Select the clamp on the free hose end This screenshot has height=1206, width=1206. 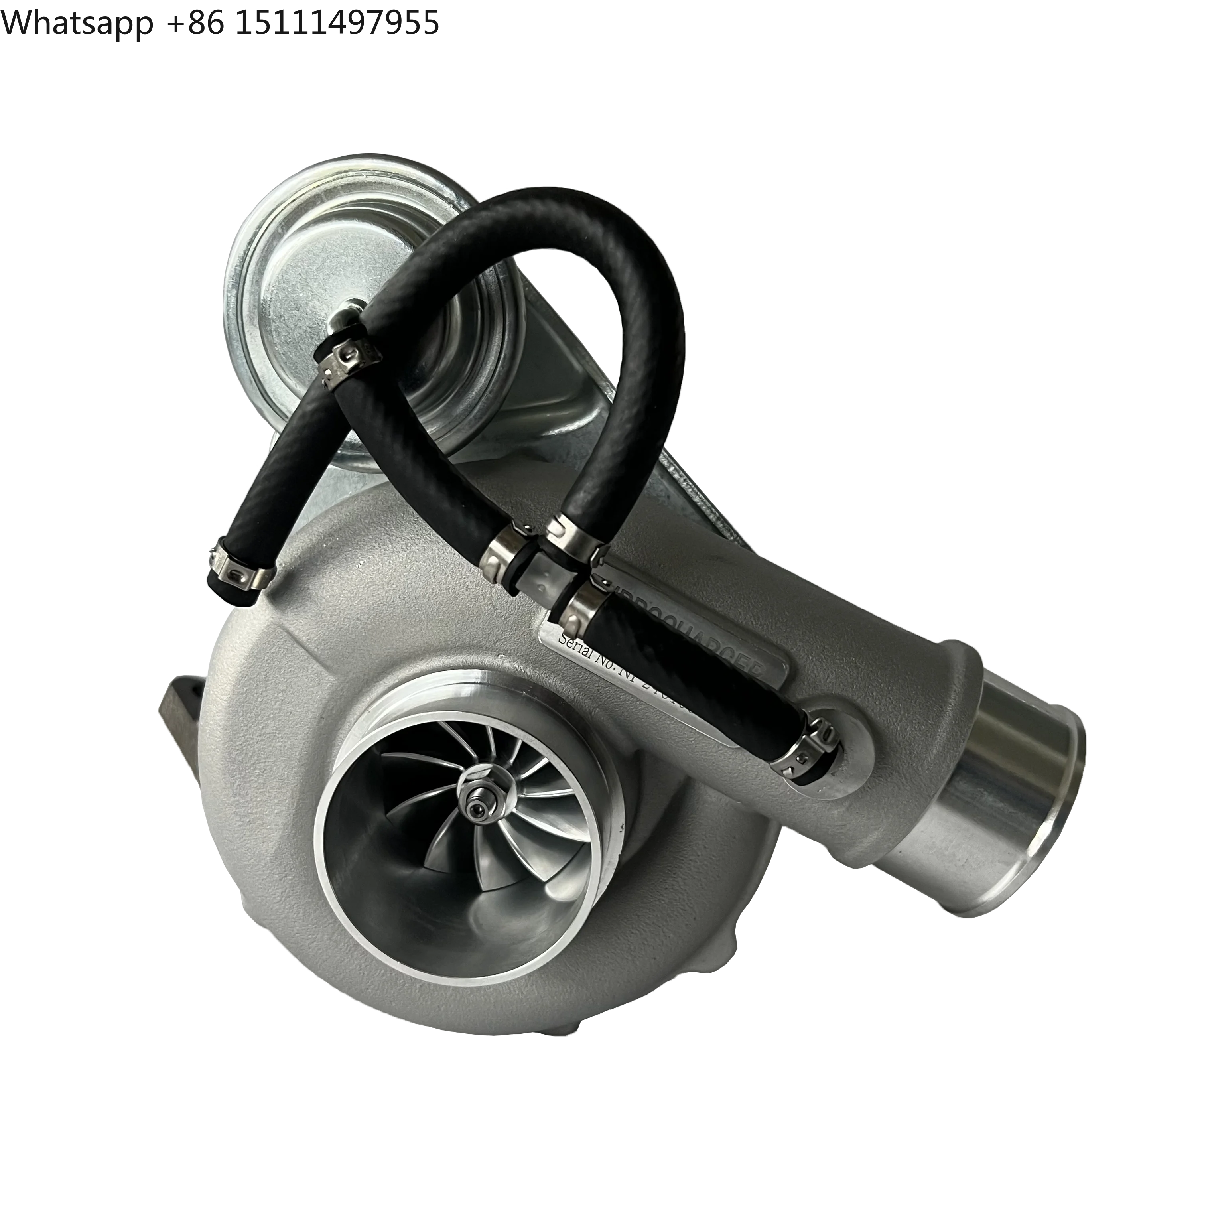point(237,569)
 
